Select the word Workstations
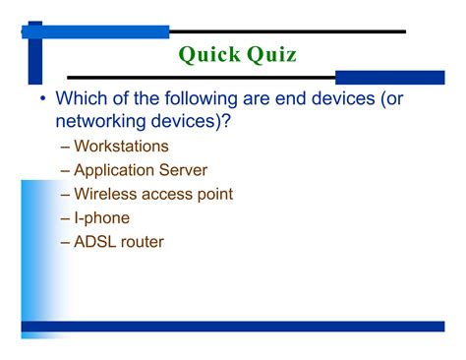[x=128, y=147]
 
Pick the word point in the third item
[x=215, y=194]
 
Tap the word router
[x=144, y=241]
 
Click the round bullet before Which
[x=42, y=99]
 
